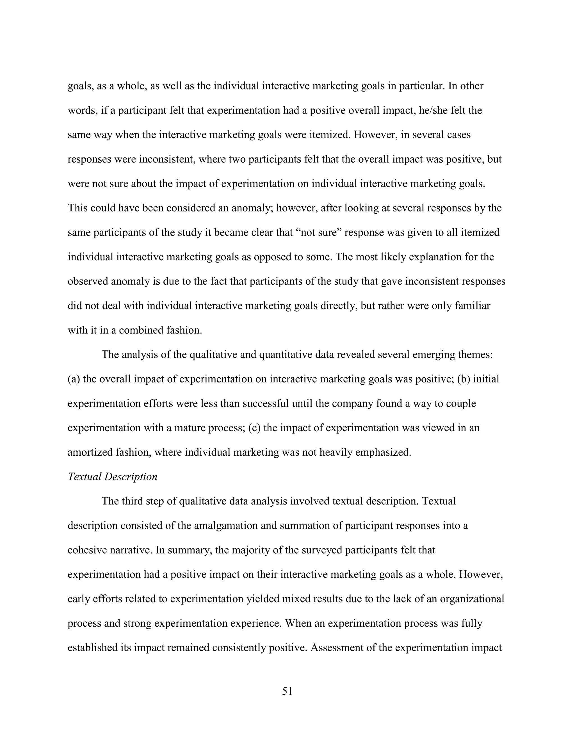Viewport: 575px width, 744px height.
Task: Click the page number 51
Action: click(287, 691)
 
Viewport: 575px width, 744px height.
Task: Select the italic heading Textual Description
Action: click(112, 477)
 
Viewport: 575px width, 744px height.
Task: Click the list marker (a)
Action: click(74, 379)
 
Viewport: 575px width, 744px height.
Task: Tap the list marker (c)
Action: click(254, 428)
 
